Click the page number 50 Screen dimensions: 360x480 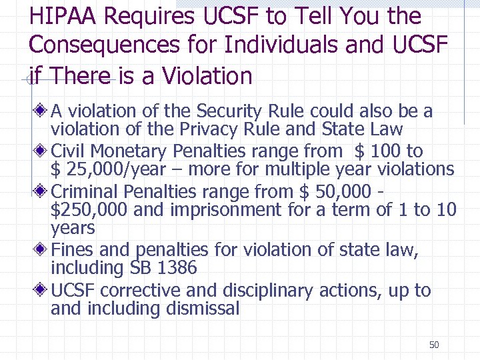(x=434, y=345)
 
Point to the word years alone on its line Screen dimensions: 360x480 (x=73, y=229)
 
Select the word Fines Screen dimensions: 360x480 (x=72, y=251)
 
